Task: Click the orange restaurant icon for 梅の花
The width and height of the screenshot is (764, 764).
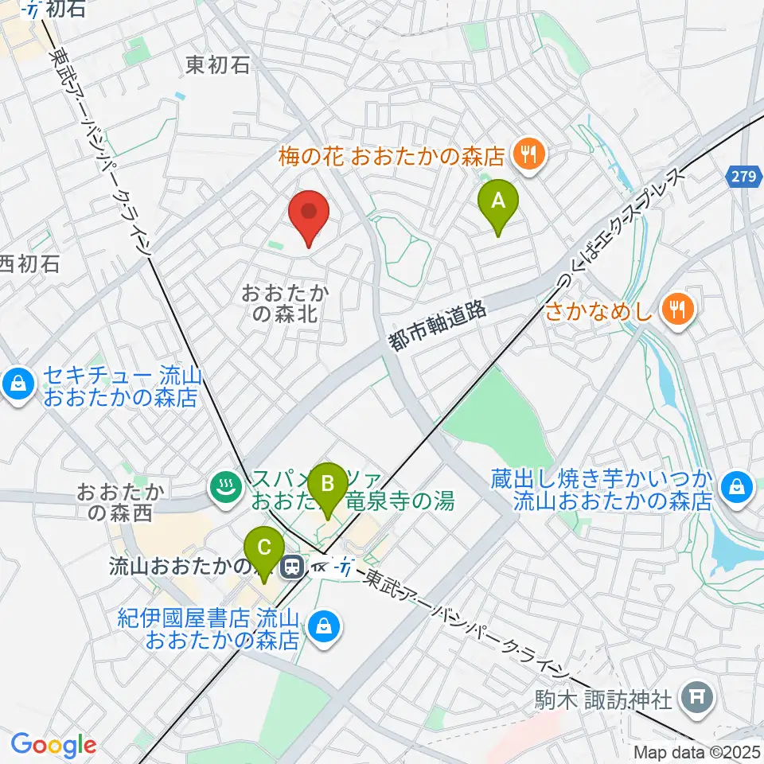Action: [526, 154]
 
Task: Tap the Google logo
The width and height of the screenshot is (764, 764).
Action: [53, 744]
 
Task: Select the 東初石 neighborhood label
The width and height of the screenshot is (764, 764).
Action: [217, 65]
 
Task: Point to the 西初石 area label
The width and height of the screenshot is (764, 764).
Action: [29, 264]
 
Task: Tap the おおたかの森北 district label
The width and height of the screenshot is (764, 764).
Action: [285, 303]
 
